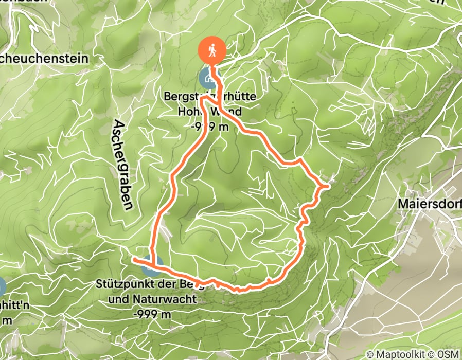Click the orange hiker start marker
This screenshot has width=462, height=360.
pos(212,50)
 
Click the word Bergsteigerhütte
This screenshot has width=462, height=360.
pos(210,97)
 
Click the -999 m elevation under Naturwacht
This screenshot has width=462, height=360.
pos(151,313)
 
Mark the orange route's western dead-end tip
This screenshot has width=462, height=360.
pos(134,260)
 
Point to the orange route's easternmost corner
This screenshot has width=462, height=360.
pos(327,186)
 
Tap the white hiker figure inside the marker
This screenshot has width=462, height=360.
pos(212,50)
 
